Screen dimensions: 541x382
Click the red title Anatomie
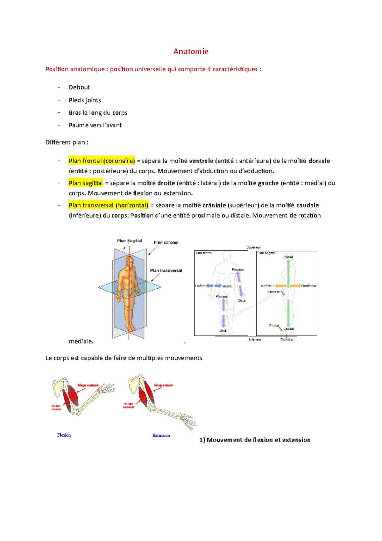[x=191, y=51]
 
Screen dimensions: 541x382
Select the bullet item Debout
[x=79, y=87]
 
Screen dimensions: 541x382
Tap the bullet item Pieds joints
[x=85, y=100]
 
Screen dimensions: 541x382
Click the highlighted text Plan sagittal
[x=86, y=183]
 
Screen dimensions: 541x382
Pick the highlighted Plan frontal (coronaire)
[x=102, y=161]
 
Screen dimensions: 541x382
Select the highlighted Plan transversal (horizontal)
[x=109, y=206]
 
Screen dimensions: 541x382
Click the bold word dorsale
[x=319, y=161]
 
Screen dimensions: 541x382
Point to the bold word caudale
[x=308, y=206]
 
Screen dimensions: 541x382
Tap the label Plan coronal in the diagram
[x=166, y=242]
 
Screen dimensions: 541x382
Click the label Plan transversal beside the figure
[x=166, y=270]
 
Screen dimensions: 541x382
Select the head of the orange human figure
[x=129, y=261]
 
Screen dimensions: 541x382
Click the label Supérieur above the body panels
[x=253, y=247]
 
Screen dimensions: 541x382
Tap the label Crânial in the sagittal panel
[x=288, y=257]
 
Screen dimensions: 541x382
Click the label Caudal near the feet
[x=289, y=329]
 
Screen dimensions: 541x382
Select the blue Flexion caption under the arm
[x=64, y=435]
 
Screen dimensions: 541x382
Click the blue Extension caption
[x=161, y=436]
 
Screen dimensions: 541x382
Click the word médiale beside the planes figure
[x=81, y=341]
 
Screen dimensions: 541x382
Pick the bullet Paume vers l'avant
[x=95, y=125]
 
